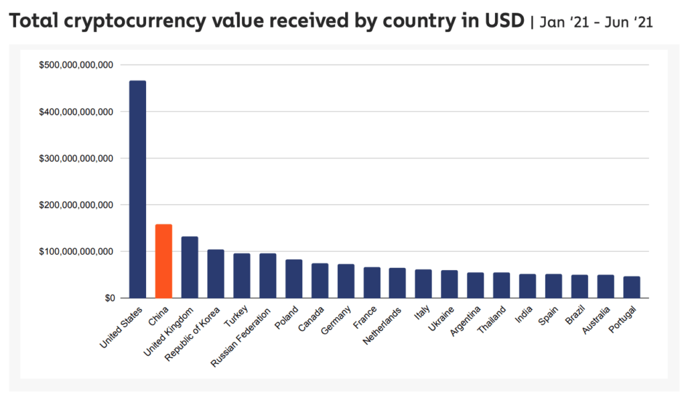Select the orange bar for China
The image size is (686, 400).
pyautogui.click(x=163, y=261)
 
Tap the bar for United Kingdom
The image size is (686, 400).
pyautogui.click(x=190, y=267)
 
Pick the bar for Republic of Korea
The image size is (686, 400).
pyautogui.click(x=216, y=273)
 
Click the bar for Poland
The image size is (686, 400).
pyautogui.click(x=293, y=278)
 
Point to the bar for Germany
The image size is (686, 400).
pyautogui.click(x=346, y=281)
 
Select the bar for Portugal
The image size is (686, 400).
pyautogui.click(x=632, y=287)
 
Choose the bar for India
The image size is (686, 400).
pyautogui.click(x=528, y=285)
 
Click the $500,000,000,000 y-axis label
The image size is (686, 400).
pyautogui.click(x=76, y=65)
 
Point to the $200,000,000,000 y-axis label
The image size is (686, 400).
pyautogui.click(x=76, y=205)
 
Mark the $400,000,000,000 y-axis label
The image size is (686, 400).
pyautogui.click(x=76, y=112)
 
